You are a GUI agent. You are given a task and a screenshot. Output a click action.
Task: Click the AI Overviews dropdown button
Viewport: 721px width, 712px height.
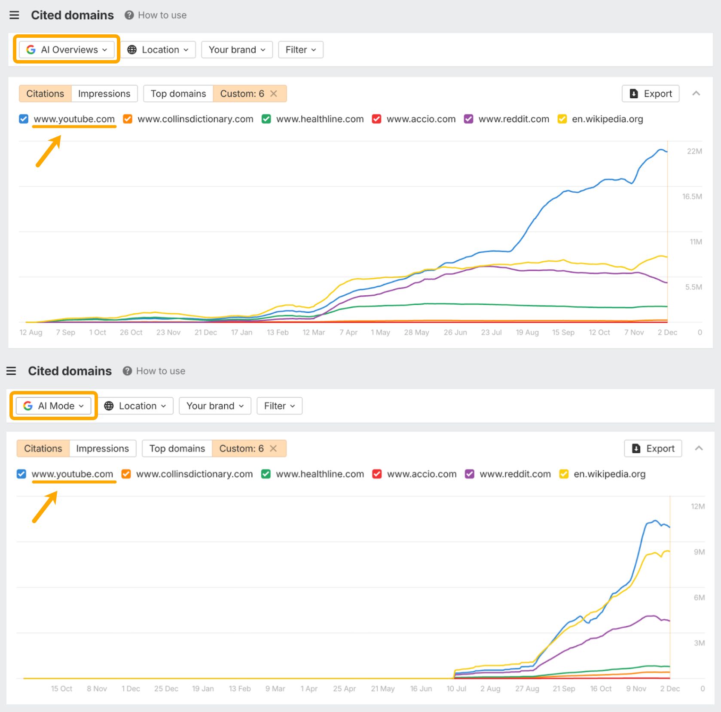tap(67, 50)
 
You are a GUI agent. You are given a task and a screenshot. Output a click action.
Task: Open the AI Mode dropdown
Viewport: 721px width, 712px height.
tap(53, 406)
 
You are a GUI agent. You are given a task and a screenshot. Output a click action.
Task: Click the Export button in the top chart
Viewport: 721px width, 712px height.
tap(650, 94)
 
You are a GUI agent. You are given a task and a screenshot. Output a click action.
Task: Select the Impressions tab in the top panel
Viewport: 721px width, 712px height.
tap(104, 94)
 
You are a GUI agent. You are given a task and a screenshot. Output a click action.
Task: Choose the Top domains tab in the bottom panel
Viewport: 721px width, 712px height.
tap(177, 448)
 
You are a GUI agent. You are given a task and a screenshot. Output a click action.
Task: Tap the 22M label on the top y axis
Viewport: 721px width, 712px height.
tap(694, 151)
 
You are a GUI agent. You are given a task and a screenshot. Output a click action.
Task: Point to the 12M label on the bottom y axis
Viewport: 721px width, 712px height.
tap(697, 506)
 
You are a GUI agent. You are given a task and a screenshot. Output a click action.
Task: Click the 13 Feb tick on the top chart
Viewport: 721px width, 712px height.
tap(278, 332)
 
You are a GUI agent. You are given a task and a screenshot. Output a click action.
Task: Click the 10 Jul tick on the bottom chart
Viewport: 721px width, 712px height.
tap(456, 688)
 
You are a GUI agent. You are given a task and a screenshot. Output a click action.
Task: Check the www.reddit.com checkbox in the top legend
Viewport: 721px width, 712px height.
tap(468, 119)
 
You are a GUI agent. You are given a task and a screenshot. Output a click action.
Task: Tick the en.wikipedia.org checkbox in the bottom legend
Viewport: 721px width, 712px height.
tap(564, 474)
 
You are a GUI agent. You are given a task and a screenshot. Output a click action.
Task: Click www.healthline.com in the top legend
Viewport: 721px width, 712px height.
tap(320, 119)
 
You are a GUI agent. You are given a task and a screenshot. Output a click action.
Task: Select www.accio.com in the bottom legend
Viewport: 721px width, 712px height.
tap(422, 474)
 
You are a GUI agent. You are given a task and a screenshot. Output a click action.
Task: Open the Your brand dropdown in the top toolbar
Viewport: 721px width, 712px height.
tap(237, 50)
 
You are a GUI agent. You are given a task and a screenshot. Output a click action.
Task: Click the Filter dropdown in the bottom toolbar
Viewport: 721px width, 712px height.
tap(279, 406)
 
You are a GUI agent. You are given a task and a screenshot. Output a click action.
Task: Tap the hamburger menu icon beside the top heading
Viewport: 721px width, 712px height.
tap(14, 15)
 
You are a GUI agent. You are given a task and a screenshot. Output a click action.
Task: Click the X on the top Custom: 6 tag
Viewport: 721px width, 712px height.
tap(274, 94)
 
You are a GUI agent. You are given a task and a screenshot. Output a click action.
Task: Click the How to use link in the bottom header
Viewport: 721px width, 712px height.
tap(160, 371)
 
